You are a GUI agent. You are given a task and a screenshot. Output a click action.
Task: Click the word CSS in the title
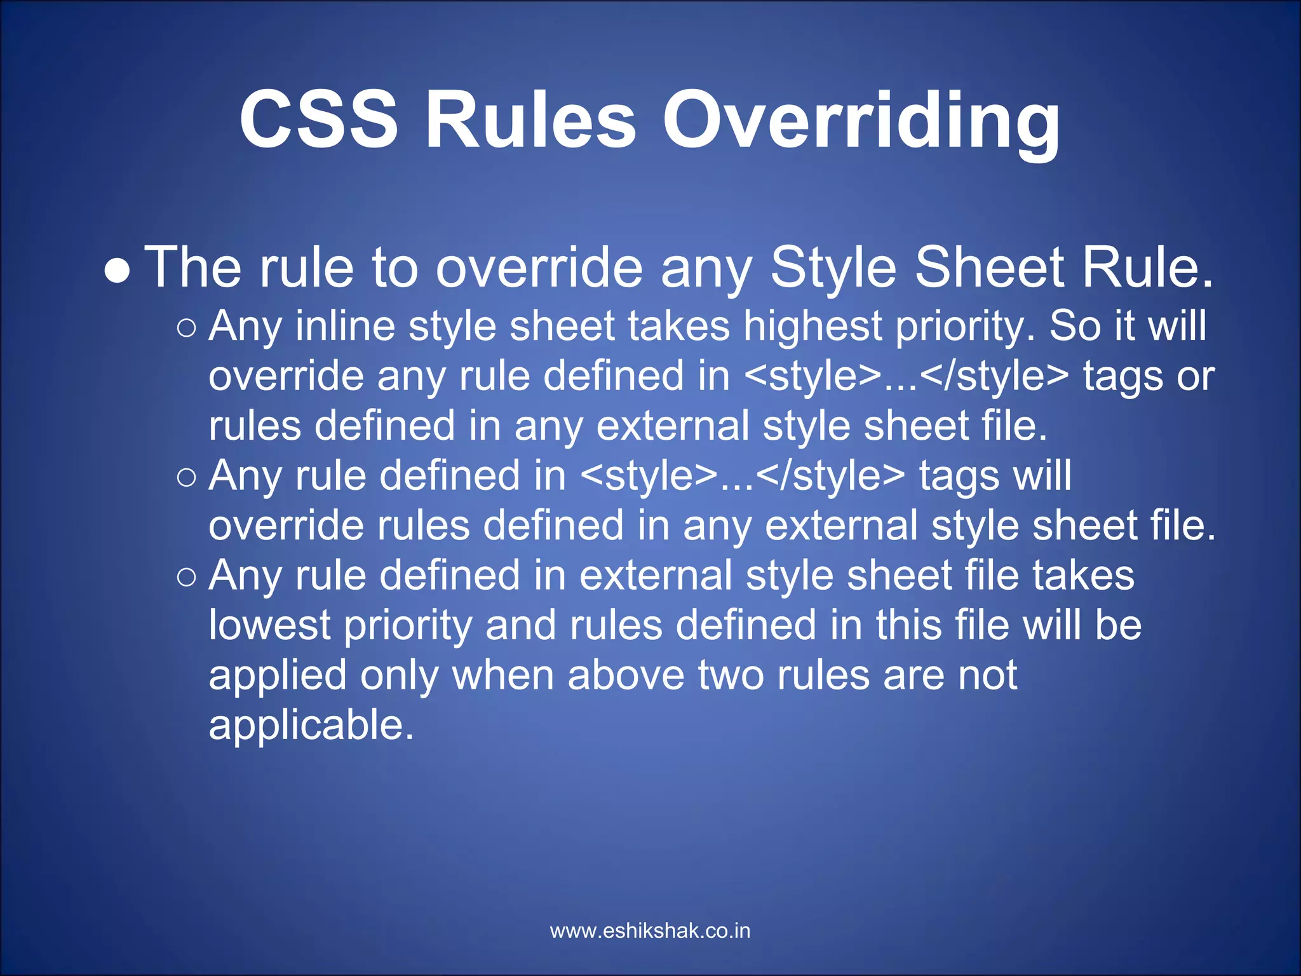coord(318,119)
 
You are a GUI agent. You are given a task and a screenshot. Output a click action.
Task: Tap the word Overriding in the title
coord(861,121)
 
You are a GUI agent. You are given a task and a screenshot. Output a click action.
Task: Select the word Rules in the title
coord(530,119)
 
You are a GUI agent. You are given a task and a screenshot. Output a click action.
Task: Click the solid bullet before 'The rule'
coord(118,271)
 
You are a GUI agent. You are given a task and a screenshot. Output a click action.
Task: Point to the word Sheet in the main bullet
coord(988,268)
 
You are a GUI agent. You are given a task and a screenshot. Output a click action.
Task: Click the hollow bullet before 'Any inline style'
coord(187,328)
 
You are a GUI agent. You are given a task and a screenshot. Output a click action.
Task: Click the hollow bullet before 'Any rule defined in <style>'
coord(187,477)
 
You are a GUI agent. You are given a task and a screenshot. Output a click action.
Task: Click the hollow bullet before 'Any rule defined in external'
coord(187,577)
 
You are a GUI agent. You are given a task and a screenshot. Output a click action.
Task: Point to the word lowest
coord(270,625)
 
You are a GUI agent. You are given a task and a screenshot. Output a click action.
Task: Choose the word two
coord(731,676)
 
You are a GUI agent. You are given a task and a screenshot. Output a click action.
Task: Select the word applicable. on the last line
coord(311,725)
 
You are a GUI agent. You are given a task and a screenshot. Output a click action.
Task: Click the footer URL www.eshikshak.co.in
coord(650,931)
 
